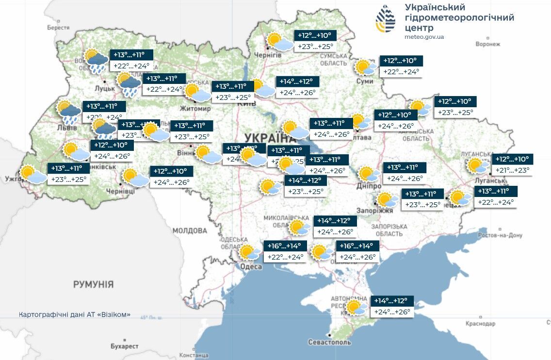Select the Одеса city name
click(251, 266)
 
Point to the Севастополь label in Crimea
click(329, 343)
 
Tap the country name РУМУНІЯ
click(93, 284)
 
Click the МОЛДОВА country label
click(190, 230)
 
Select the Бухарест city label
click(124, 346)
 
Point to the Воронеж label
click(487, 44)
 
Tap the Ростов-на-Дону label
click(500, 235)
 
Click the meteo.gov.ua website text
click(424, 37)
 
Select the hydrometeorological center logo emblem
click(386, 19)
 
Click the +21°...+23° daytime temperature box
click(513, 170)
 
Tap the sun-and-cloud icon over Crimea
click(357, 308)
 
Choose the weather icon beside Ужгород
click(33, 174)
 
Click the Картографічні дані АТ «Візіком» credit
click(75, 315)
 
